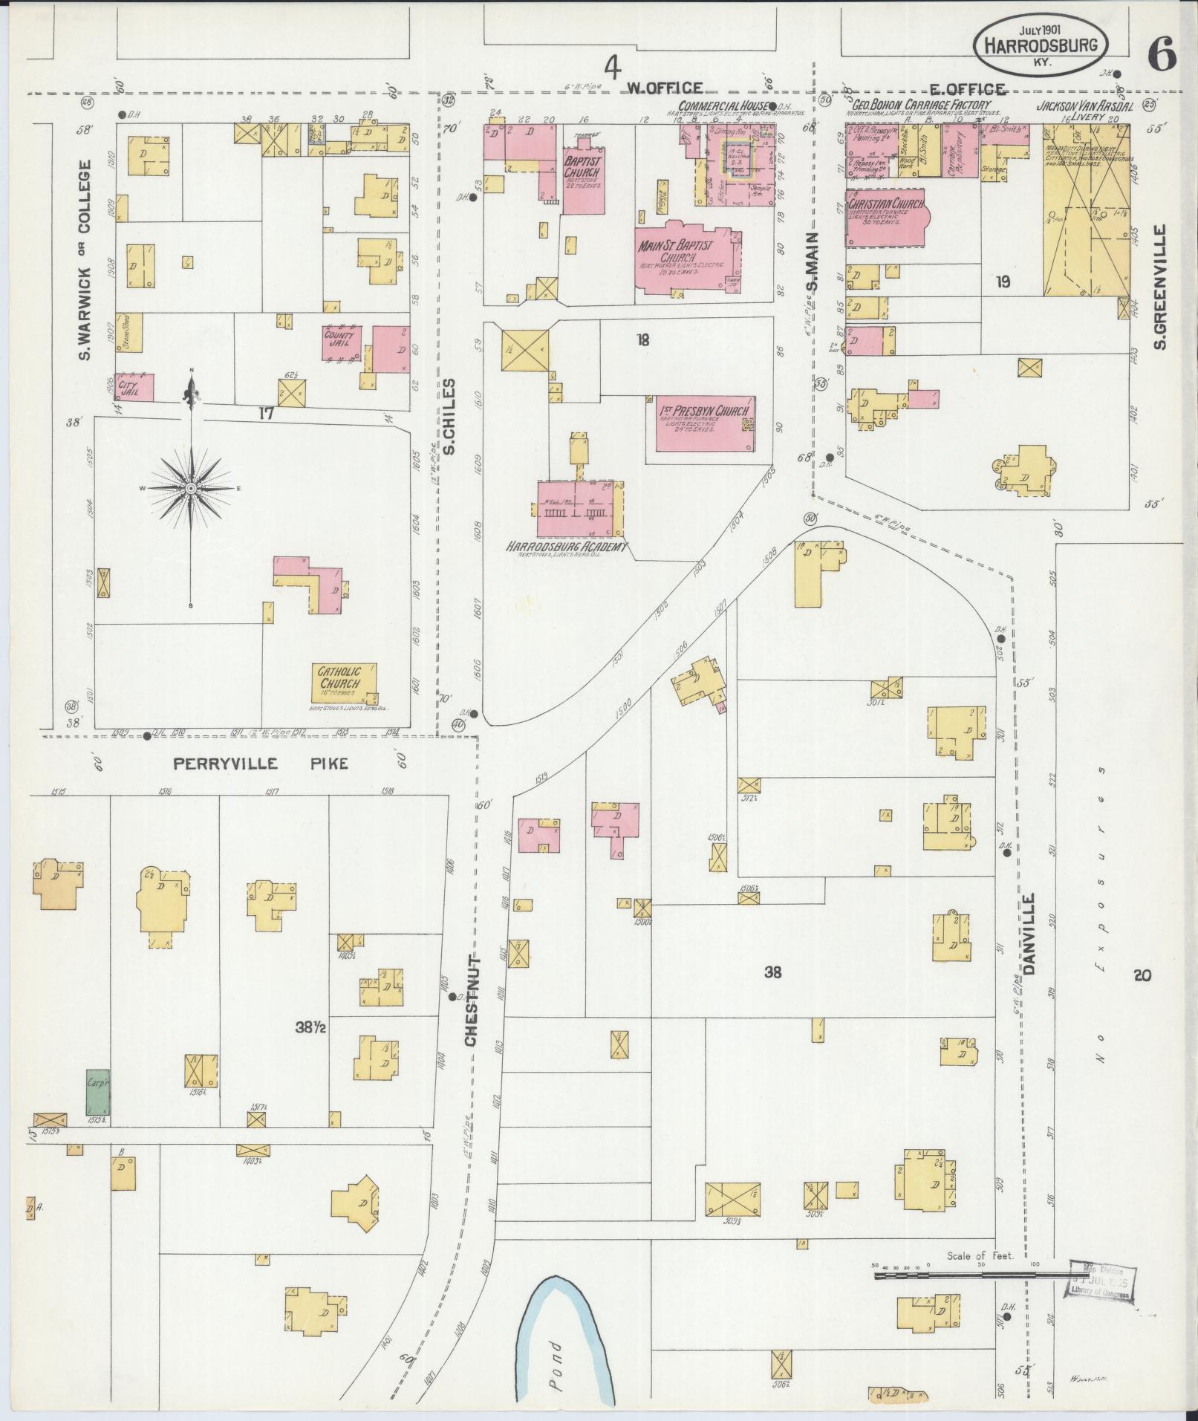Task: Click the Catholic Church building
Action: pyautogui.click(x=343, y=683)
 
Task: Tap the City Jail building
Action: pyautogui.click(x=134, y=387)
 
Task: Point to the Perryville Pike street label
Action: pyautogui.click(x=260, y=763)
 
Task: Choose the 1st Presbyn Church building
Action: pyautogui.click(x=706, y=423)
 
